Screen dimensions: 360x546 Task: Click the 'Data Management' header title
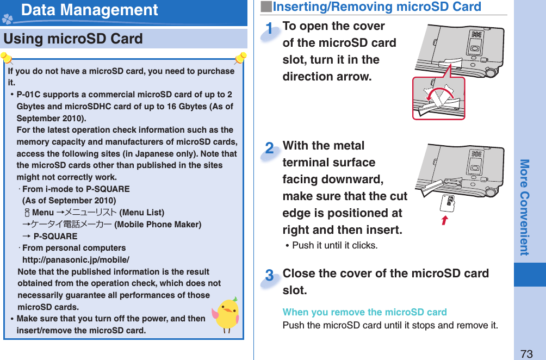click(90, 10)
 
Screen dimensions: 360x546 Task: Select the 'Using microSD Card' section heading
click(73, 39)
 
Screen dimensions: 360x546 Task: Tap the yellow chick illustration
click(226, 315)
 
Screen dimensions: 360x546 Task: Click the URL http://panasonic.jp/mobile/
click(76, 259)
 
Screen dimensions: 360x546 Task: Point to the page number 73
click(526, 353)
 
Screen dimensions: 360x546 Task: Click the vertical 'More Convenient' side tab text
click(524, 207)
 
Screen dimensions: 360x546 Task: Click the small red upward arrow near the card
click(444, 220)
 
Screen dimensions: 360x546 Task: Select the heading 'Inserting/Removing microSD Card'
click(376, 7)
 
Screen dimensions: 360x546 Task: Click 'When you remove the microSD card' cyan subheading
click(364, 312)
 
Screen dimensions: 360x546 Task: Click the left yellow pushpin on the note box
click(7, 58)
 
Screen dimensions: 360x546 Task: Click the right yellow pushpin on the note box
click(240, 58)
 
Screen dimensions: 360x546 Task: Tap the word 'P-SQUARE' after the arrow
click(55, 237)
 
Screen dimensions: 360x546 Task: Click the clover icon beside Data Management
click(8, 20)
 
